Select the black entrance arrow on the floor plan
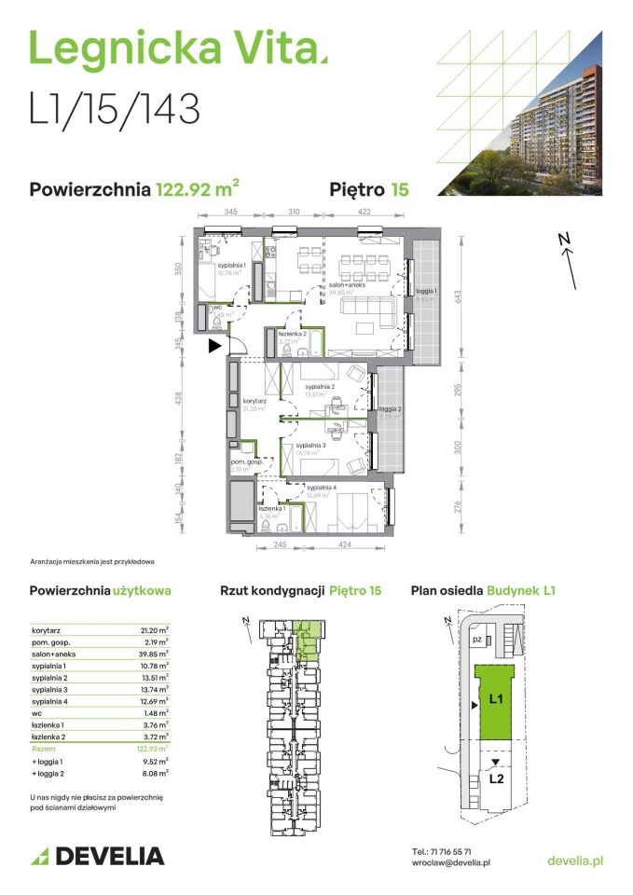point(214,346)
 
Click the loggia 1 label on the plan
point(426,292)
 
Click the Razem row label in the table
point(44,748)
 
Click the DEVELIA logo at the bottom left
point(97,856)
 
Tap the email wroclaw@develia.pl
point(451,864)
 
